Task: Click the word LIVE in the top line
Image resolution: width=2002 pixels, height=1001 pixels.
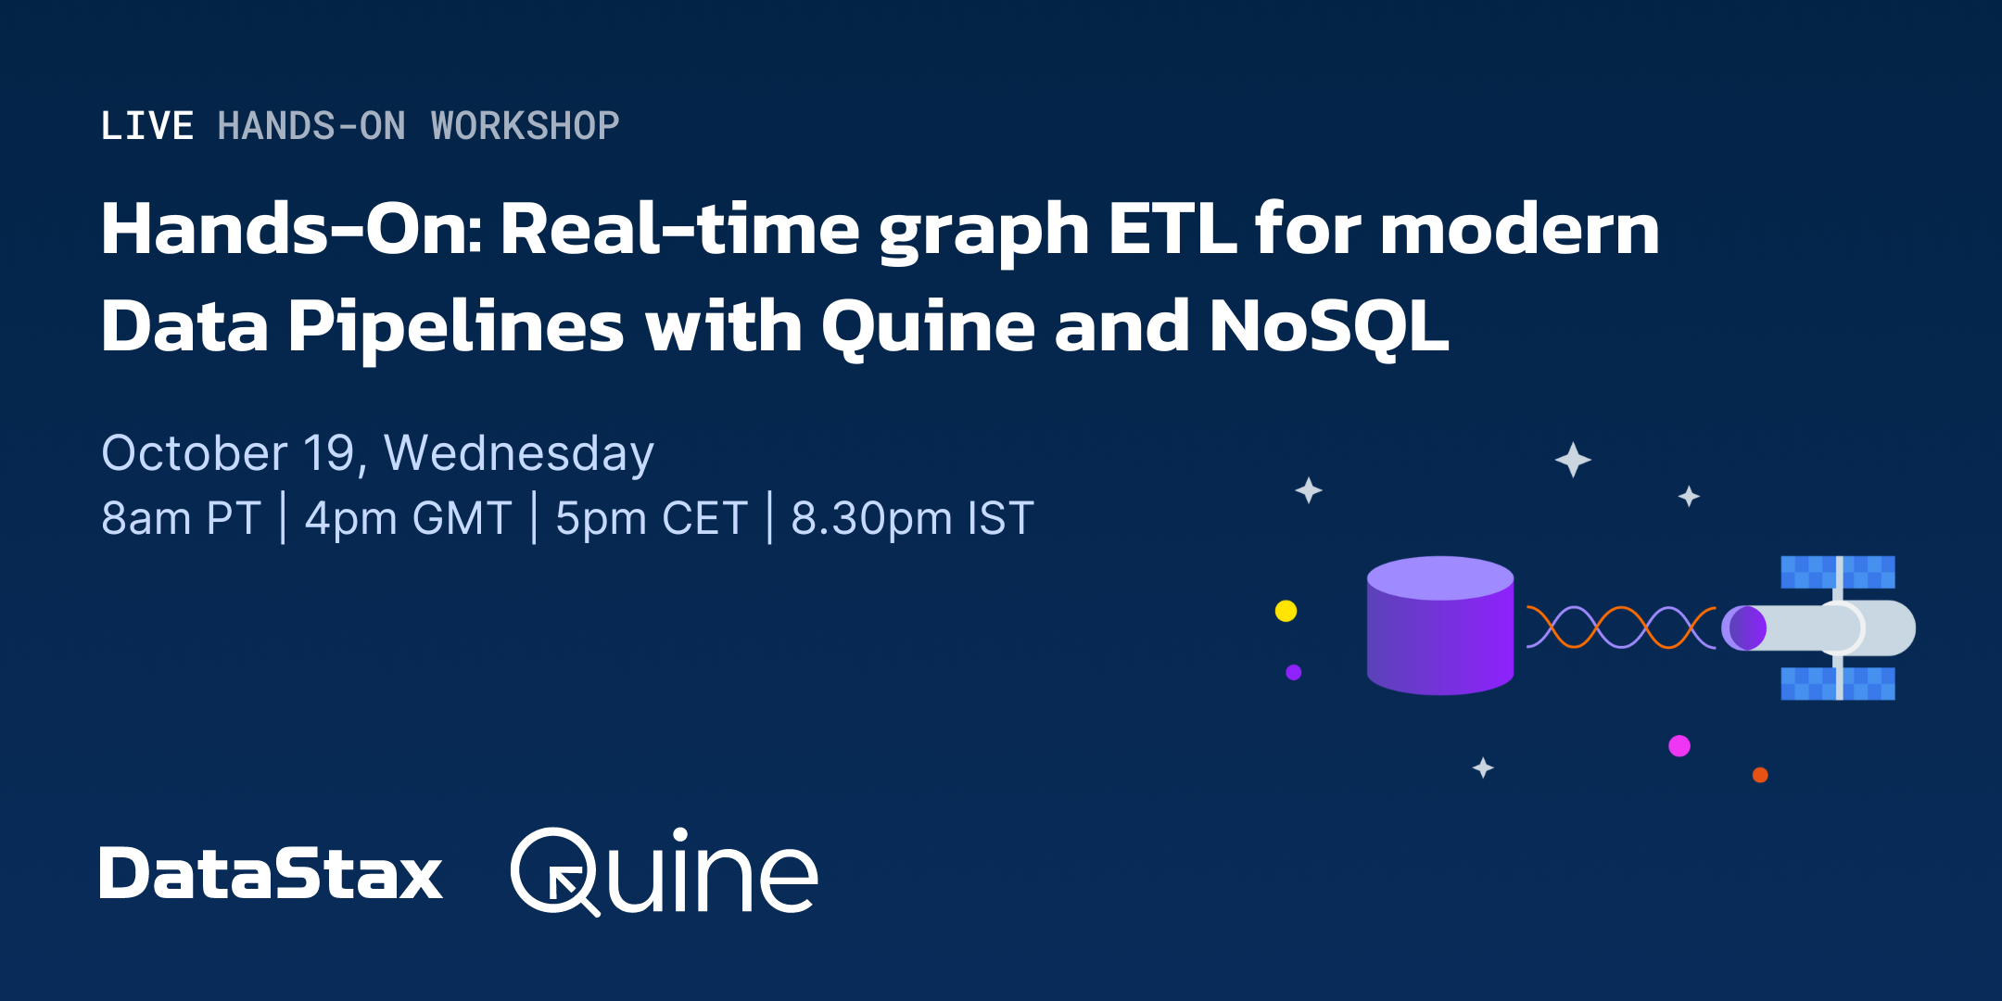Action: (x=146, y=126)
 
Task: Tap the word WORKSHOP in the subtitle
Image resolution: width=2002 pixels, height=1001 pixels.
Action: (x=525, y=126)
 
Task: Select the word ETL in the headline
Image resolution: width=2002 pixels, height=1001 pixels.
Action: (x=1172, y=229)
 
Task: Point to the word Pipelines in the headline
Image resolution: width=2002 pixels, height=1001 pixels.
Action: (x=456, y=326)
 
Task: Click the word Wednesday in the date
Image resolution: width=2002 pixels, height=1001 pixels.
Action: (x=519, y=453)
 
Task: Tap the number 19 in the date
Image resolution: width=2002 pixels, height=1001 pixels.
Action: (x=329, y=453)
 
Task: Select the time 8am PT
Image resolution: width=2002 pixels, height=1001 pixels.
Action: (x=181, y=517)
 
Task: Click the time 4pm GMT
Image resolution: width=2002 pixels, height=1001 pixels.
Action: (x=408, y=517)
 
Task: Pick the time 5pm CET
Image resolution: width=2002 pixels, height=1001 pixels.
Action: (x=652, y=517)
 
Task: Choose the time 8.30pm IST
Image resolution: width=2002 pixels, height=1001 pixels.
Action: (x=912, y=517)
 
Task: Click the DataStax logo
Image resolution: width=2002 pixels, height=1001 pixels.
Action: (x=271, y=873)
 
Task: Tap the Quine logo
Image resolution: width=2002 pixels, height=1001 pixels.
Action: (x=664, y=871)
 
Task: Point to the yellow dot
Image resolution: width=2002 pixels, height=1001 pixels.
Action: (x=1286, y=611)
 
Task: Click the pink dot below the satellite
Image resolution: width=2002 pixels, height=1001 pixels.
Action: (x=1679, y=746)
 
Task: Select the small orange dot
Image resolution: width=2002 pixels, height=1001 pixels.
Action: (x=1760, y=775)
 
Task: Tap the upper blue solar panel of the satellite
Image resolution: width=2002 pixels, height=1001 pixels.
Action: (x=1837, y=572)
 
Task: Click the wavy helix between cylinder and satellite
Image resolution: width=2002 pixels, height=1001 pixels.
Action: (x=1620, y=627)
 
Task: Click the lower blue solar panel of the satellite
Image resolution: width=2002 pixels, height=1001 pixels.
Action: (x=1837, y=683)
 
